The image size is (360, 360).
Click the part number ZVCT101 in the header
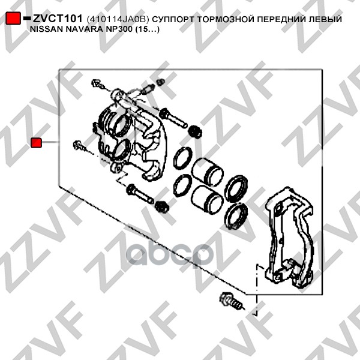coord(58,19)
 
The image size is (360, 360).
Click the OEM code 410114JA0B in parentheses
coord(118,20)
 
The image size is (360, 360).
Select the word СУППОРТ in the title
coord(173,20)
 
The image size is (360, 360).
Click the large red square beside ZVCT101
coord(13,18)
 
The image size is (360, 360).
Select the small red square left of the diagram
coord(36,142)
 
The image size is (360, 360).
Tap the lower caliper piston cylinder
coord(207,199)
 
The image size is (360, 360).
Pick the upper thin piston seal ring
coord(183,158)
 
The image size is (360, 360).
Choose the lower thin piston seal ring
coord(182,186)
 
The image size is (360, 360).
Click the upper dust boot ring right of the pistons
coord(236,188)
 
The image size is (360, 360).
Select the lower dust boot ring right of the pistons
coord(236,217)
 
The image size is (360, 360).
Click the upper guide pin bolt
coord(173,118)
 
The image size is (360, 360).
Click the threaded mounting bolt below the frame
coord(231,301)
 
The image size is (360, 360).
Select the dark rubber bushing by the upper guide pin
coord(195,132)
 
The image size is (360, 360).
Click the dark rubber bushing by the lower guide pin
coord(162,206)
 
